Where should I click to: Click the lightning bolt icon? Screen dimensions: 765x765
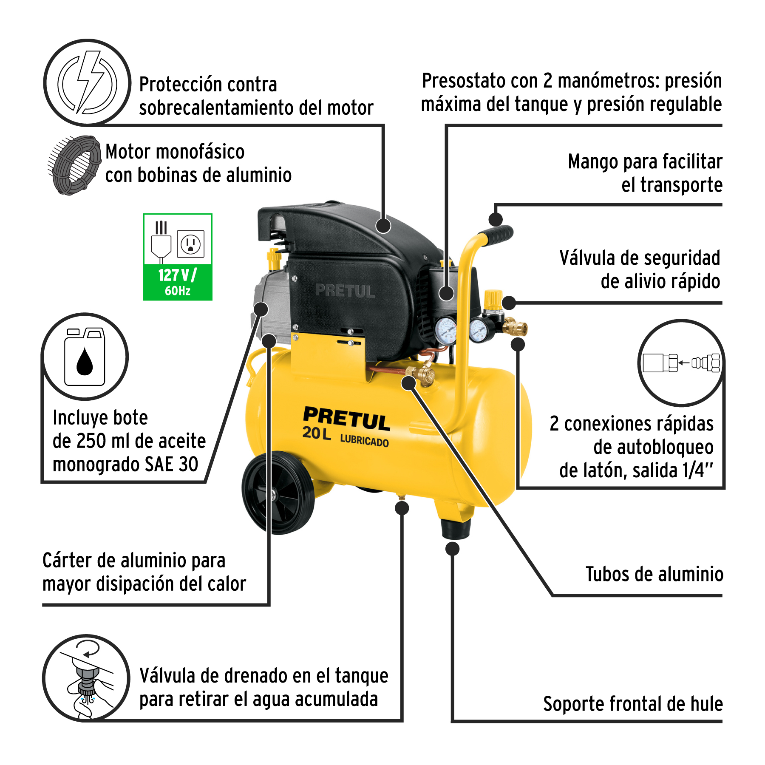(88, 82)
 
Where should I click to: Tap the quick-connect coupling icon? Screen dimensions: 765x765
(681, 363)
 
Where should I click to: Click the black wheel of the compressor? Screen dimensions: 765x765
(278, 493)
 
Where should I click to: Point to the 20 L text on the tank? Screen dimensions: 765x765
(317, 433)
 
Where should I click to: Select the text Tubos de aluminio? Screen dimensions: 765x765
(654, 574)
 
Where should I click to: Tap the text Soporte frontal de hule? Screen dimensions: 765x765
(633, 704)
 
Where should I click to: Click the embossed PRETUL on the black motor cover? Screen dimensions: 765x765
(345, 291)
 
